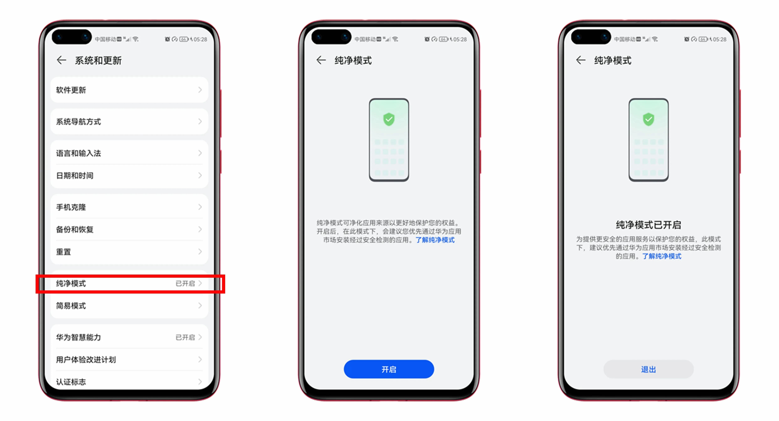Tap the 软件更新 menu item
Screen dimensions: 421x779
tap(129, 90)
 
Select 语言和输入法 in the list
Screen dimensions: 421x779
tap(129, 153)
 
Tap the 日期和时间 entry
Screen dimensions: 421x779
tap(129, 175)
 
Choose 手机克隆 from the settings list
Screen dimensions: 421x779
tap(129, 207)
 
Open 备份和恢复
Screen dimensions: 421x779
tap(129, 229)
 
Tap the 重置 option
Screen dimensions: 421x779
tap(129, 252)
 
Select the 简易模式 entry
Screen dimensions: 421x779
tap(129, 306)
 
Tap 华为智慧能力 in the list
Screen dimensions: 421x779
tap(129, 337)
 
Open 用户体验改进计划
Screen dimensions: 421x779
tap(129, 360)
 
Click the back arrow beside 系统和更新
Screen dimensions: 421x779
tap(61, 60)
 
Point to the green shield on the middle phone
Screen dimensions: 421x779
tap(389, 119)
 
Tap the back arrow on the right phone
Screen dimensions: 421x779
tap(581, 60)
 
